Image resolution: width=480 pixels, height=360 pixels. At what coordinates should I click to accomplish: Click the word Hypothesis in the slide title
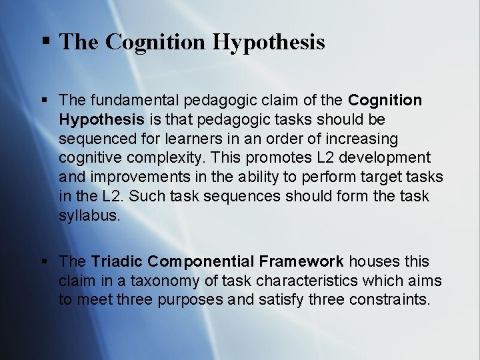(269, 42)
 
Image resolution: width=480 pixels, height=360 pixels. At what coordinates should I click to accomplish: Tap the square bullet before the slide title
(46, 41)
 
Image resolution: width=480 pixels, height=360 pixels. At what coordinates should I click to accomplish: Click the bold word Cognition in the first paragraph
(385, 100)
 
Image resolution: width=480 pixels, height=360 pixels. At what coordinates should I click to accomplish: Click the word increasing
(360, 139)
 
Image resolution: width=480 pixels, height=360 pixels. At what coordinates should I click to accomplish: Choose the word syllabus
(89, 216)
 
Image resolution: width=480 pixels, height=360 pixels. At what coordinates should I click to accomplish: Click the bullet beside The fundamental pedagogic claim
(45, 100)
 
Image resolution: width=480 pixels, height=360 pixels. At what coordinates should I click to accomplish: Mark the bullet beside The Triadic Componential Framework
(45, 261)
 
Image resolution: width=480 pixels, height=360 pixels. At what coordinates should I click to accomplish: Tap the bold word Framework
(303, 261)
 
